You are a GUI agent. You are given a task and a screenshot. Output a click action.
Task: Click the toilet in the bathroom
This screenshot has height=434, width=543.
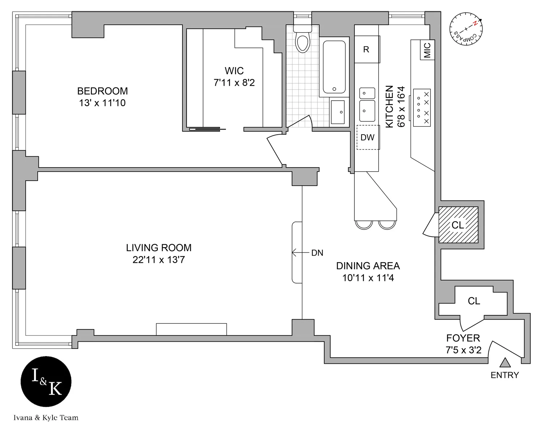(302, 40)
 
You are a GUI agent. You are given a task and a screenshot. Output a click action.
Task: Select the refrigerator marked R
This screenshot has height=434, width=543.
(366, 49)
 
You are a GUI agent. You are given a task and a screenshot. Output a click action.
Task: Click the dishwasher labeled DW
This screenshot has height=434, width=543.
(367, 137)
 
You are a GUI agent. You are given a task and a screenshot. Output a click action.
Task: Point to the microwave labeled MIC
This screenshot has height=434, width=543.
(427, 50)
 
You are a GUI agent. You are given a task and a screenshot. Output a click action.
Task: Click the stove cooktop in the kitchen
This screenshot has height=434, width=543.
(422, 108)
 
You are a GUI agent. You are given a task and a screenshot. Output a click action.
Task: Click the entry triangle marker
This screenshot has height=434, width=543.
(505, 362)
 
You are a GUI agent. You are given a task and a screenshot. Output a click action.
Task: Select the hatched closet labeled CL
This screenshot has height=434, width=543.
(458, 225)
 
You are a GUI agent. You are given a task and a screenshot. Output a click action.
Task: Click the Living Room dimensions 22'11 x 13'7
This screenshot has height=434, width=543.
(159, 260)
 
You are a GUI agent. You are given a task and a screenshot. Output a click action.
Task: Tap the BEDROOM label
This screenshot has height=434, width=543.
(102, 91)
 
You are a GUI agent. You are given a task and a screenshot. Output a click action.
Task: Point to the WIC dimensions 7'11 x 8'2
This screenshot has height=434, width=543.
(234, 83)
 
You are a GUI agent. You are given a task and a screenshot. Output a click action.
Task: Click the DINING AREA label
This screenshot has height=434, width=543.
(368, 266)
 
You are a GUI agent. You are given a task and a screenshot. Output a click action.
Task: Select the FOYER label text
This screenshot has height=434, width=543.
(463, 338)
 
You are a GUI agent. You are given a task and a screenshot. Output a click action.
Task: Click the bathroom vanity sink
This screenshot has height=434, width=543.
(338, 112)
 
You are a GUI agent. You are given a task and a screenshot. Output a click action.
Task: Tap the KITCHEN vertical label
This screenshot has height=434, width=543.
(390, 106)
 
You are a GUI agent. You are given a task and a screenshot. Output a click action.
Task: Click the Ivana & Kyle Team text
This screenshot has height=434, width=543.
(46, 418)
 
